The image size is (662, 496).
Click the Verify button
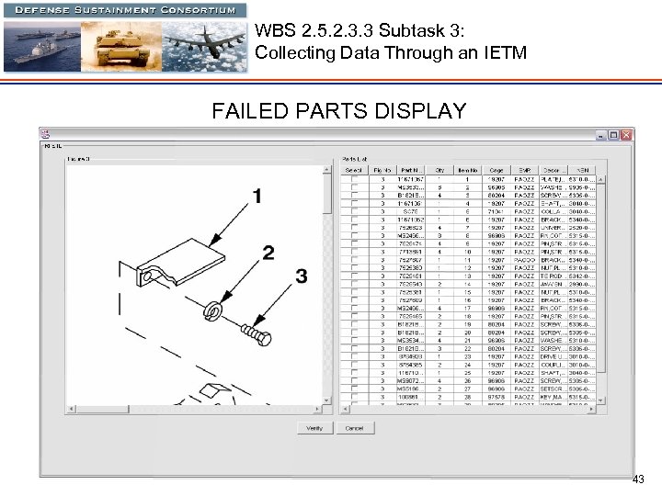pyautogui.click(x=314, y=428)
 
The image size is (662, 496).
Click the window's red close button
pyautogui.click(x=627, y=135)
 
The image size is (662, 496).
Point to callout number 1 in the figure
pyautogui.click(x=257, y=196)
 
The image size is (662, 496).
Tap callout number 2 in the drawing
pyautogui.click(x=268, y=252)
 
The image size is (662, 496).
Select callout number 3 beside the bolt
pyautogui.click(x=301, y=276)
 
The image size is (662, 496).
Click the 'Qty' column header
pyautogui.click(x=439, y=170)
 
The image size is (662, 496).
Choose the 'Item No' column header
pyautogui.click(x=467, y=170)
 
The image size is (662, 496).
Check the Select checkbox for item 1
pyautogui.click(x=355, y=179)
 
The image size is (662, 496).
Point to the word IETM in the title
pyautogui.click(x=505, y=53)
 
